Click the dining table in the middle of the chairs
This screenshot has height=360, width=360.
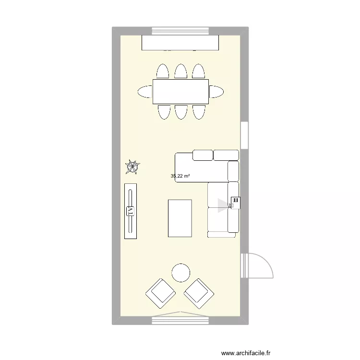(180, 91)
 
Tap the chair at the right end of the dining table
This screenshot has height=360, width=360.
(216, 91)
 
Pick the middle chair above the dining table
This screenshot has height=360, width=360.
(180, 72)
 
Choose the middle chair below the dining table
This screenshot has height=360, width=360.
(180, 111)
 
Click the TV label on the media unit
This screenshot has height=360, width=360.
(130, 210)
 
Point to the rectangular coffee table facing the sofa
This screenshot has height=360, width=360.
(180, 218)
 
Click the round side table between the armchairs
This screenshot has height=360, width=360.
(181, 273)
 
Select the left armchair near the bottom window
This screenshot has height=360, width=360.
(160, 293)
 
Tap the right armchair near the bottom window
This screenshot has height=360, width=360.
(199, 293)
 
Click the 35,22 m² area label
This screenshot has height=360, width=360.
(180, 176)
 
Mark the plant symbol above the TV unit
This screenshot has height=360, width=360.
(132, 167)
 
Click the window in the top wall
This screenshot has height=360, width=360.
(180, 31)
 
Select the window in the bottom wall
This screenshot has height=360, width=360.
(180, 319)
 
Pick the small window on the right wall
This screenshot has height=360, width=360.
(244, 135)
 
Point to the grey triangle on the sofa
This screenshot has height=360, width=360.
(221, 205)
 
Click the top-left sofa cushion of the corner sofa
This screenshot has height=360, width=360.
(203, 155)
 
